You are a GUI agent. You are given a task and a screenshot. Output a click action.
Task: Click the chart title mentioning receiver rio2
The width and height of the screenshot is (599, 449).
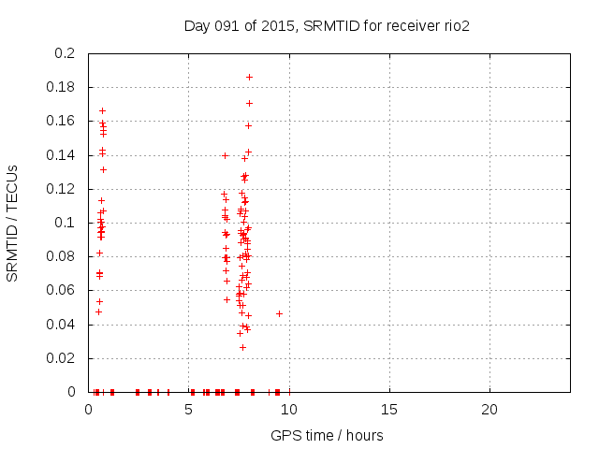tap(327, 25)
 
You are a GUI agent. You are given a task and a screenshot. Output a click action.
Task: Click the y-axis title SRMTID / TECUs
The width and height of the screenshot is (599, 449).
tap(13, 223)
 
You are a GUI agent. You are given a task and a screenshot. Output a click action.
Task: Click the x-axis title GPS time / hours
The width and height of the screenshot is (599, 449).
tap(327, 435)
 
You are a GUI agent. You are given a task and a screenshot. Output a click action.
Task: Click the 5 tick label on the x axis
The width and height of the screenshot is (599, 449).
tap(189, 409)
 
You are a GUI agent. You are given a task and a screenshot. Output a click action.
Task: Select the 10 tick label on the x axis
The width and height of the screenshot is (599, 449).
tap(289, 409)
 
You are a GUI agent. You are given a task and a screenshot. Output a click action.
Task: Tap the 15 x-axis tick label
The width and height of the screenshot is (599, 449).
tap(389, 409)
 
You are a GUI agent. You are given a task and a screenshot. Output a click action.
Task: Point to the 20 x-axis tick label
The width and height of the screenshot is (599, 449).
tap(489, 409)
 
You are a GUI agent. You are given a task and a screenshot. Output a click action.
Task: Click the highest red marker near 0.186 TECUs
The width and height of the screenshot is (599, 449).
tap(249, 77)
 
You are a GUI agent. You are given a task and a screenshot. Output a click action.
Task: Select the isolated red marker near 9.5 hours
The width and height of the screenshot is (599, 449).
tap(279, 313)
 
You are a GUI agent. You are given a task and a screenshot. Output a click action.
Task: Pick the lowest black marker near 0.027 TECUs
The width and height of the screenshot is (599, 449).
tap(242, 347)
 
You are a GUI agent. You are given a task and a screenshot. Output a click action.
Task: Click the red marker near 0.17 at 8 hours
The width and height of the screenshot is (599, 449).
tap(249, 103)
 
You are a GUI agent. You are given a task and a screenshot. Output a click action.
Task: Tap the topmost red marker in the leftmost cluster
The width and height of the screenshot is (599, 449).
tap(102, 110)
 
